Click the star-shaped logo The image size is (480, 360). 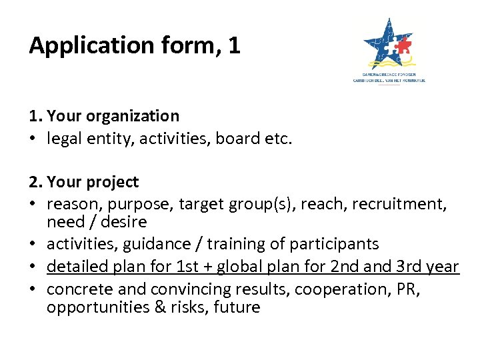pyautogui.click(x=389, y=44)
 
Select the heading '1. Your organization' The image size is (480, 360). pyautogui.click(x=104, y=116)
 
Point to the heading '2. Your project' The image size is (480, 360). pyautogui.click(x=84, y=182)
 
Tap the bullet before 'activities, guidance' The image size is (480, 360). pyautogui.click(x=33, y=245)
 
